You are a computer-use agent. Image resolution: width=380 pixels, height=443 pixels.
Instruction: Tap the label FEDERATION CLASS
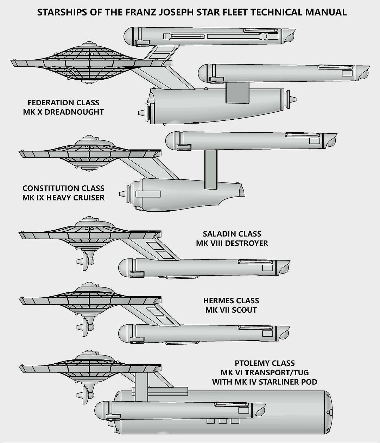[63, 103]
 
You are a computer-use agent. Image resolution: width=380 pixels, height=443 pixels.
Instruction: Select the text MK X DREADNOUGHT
[63, 112]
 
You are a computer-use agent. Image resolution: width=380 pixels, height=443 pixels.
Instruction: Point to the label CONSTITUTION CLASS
[63, 188]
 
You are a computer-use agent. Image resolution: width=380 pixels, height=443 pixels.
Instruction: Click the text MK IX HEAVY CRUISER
[63, 198]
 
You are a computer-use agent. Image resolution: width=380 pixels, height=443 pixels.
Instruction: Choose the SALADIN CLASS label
[232, 234]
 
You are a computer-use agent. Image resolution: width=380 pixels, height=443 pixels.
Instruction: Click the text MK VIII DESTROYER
[232, 243]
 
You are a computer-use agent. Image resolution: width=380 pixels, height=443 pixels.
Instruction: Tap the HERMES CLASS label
[231, 300]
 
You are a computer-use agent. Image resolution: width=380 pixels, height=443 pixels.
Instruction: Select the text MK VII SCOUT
[231, 310]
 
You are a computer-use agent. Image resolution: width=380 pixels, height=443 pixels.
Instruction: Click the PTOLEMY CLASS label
[265, 363]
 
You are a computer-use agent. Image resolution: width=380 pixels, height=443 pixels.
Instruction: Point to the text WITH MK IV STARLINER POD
[265, 382]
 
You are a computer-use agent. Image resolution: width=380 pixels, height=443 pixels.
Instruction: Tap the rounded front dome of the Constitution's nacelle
[170, 140]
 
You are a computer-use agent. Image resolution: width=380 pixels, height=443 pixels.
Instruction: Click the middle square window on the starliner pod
[222, 421]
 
